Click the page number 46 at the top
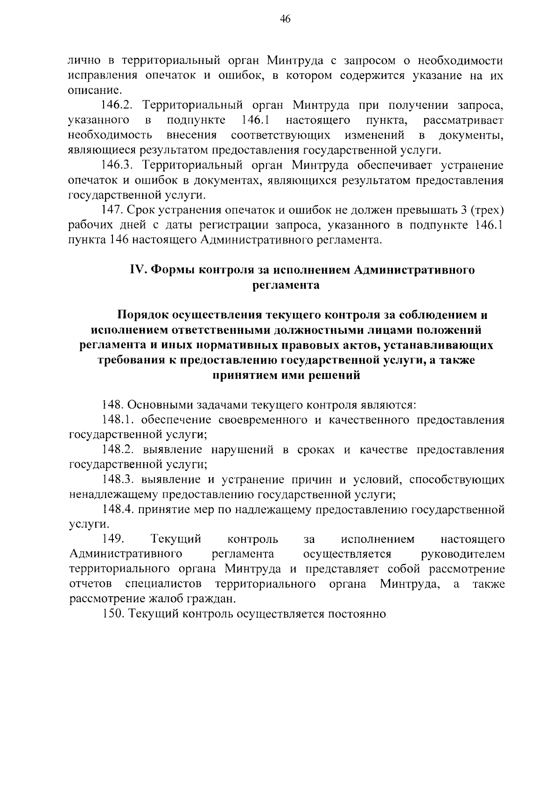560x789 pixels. coord(285,19)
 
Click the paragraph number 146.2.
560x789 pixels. coord(117,106)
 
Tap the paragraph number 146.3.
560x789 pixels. coord(117,165)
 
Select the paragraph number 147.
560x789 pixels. coord(112,210)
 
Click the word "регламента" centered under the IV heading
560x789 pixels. coord(286,285)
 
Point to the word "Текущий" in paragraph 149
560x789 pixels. coord(176,540)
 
